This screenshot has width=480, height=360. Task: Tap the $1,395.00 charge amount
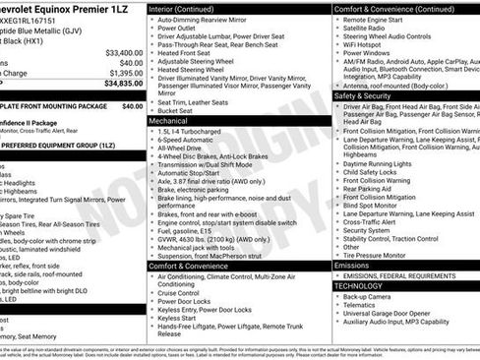(x=126, y=73)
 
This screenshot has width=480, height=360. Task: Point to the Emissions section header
(x=352, y=266)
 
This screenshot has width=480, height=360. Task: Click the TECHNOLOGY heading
(x=362, y=286)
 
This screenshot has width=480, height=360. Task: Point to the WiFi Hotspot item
(x=370, y=45)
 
